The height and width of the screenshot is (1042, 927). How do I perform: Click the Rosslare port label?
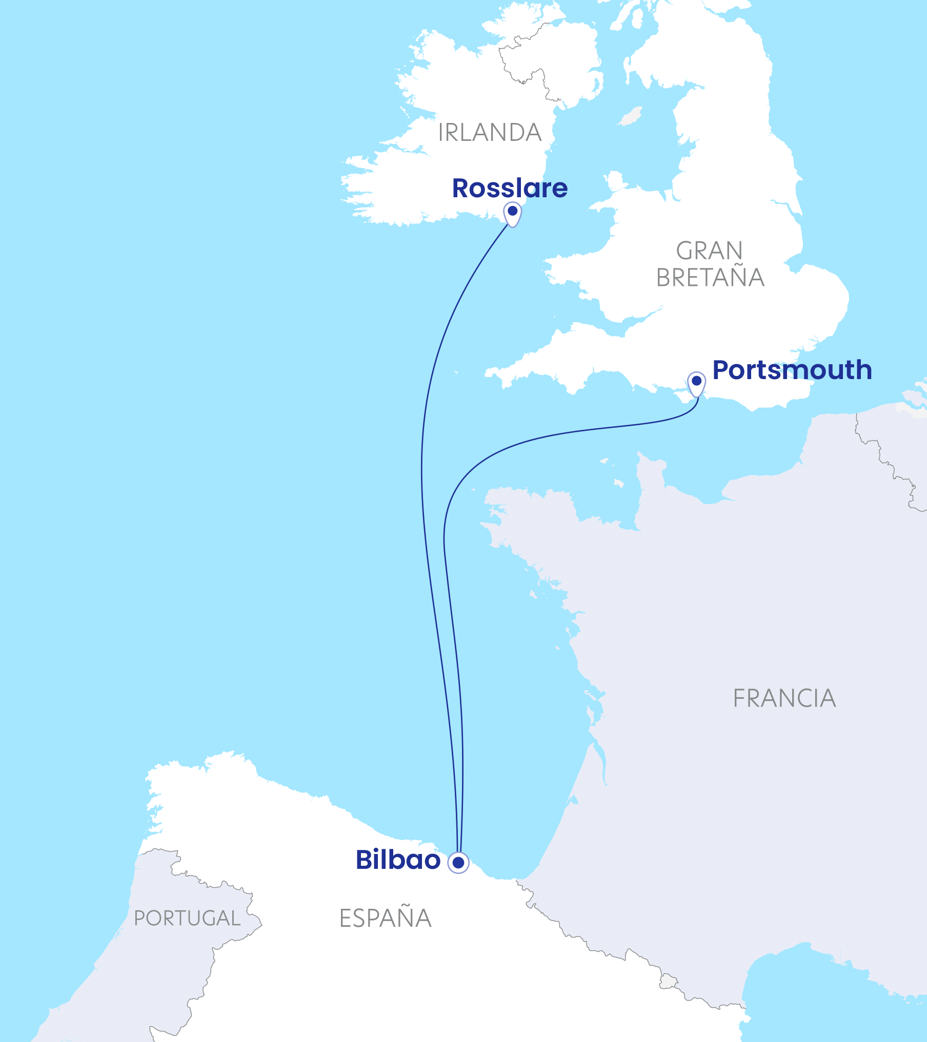tap(510, 189)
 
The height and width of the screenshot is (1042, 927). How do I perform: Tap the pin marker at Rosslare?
tap(512, 213)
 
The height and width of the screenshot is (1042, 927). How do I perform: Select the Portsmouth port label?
tap(792, 370)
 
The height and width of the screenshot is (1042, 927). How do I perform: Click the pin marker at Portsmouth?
tap(696, 383)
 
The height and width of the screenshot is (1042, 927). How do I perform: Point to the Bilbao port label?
tap(398, 860)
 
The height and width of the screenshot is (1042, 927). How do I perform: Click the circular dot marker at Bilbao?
tap(458, 863)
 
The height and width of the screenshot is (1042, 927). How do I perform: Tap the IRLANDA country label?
tap(490, 133)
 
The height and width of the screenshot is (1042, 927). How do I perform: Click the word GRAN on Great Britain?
tap(710, 251)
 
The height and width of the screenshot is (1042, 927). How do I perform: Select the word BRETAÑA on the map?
tap(710, 278)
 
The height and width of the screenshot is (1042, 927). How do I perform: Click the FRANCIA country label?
tap(784, 698)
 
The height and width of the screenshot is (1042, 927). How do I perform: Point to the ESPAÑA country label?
tap(386, 918)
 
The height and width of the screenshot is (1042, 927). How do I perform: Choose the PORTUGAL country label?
tap(187, 918)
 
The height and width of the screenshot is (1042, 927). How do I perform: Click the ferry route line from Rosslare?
tap(422, 461)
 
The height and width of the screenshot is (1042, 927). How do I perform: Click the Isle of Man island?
tap(631, 117)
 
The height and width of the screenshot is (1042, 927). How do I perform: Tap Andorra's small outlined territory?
tap(668, 982)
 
